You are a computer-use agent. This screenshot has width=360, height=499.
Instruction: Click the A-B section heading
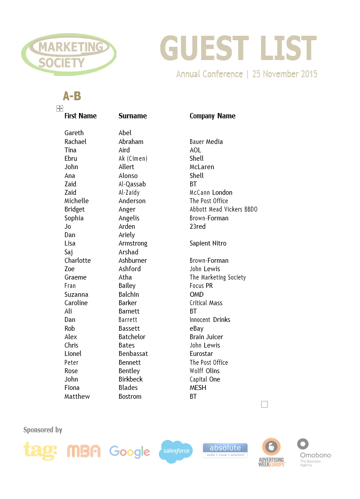(72, 96)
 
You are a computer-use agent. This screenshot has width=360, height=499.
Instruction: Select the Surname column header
(132, 116)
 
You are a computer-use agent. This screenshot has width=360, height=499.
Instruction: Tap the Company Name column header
(212, 116)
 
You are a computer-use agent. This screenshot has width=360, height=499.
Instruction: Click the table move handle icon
(60, 109)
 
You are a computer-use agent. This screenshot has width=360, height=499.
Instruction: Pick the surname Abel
(125, 133)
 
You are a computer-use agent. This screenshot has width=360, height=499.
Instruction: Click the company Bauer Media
(206, 142)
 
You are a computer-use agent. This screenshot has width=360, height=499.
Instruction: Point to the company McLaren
(202, 167)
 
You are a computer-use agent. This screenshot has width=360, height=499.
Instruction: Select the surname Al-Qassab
(132, 184)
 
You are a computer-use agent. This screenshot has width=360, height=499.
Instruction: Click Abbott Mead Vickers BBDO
(223, 209)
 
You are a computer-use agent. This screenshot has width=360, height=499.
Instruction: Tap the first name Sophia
(74, 218)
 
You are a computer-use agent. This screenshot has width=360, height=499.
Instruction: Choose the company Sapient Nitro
(208, 243)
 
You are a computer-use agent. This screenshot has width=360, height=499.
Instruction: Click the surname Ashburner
(132, 261)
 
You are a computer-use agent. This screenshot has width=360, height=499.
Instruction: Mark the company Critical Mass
(206, 303)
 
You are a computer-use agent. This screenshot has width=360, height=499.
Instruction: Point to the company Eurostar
(201, 354)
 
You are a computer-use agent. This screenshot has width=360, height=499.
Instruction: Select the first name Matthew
(77, 397)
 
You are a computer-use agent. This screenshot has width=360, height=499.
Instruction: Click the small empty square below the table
(264, 404)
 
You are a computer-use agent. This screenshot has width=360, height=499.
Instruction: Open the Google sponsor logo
(129, 452)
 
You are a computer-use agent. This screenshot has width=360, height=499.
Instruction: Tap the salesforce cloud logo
(176, 451)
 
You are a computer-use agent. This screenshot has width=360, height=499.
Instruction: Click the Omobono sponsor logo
(315, 453)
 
